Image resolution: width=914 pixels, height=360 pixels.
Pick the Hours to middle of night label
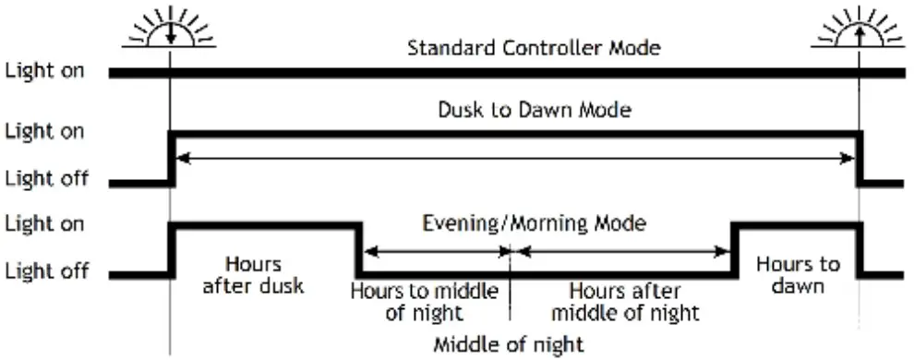(425, 302)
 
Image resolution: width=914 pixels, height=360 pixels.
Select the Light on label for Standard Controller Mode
(45, 70)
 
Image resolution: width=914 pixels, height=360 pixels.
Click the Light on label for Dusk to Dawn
(45, 131)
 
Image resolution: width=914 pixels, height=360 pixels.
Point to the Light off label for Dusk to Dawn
(46, 179)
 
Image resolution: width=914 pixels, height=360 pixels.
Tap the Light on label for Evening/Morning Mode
(45, 223)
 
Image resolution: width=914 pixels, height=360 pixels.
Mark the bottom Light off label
(46, 272)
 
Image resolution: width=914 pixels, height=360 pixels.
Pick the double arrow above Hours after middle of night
(621, 251)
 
